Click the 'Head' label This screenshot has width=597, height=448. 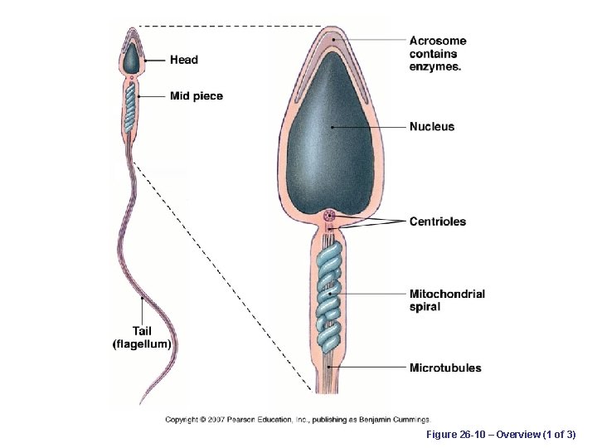point(184,60)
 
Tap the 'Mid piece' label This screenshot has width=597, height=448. point(197,96)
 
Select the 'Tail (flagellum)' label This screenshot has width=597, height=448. point(142,338)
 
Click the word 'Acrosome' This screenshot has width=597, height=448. point(438,41)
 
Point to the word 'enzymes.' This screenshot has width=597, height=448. point(435,67)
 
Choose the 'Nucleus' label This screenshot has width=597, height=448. point(432,127)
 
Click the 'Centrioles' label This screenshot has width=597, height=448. point(438,222)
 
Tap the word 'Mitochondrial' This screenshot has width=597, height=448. point(447,294)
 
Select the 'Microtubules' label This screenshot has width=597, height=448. point(445,368)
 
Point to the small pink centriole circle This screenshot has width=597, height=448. point(330,218)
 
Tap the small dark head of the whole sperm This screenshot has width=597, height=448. point(131,59)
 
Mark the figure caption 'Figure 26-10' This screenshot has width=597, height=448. point(455,435)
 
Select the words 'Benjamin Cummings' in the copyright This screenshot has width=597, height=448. point(396,420)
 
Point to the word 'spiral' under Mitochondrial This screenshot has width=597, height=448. point(425,307)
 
